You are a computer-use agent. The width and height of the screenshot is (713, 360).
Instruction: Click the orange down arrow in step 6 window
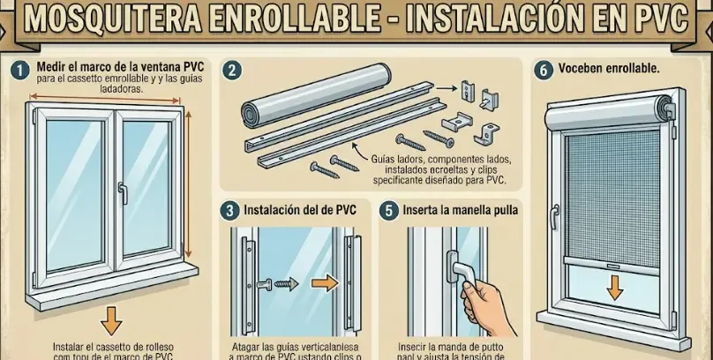[615, 285]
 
